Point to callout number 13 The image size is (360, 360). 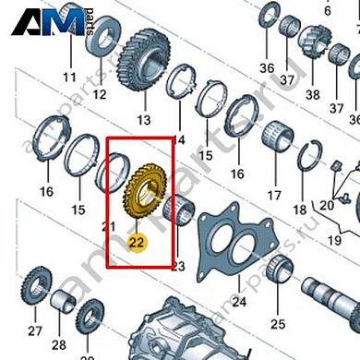[142, 120]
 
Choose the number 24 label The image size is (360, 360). [238, 301]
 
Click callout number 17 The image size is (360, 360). [273, 196]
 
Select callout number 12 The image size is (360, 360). [100, 94]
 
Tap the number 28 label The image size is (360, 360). [59, 344]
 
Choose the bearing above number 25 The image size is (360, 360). [278, 274]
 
